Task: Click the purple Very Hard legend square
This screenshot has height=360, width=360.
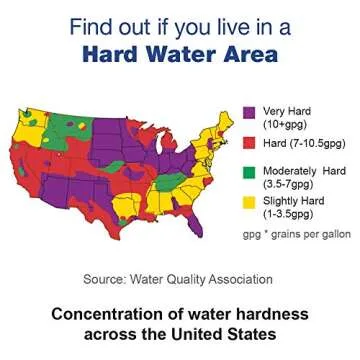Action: click(x=250, y=112)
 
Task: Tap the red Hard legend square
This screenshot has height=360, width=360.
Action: click(x=250, y=142)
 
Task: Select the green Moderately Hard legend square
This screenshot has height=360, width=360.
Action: click(x=250, y=170)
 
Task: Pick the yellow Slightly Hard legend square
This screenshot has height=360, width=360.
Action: click(x=250, y=200)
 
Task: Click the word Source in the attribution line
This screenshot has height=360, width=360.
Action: click(x=110, y=278)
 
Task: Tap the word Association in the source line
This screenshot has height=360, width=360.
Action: click(x=237, y=278)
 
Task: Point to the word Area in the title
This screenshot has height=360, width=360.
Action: click(x=252, y=53)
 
